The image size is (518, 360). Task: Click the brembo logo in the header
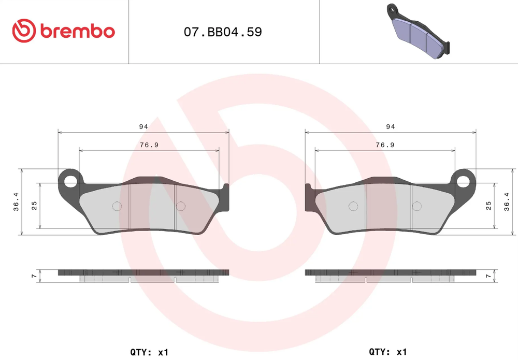(x=63, y=31)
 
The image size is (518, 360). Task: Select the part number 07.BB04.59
(x=223, y=32)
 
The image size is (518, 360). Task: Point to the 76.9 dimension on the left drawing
(x=149, y=145)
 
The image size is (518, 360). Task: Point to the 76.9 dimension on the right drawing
(x=385, y=145)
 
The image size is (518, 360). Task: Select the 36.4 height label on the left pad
(x=16, y=201)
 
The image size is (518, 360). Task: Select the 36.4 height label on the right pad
(x=507, y=201)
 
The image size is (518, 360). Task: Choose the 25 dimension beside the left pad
(x=34, y=206)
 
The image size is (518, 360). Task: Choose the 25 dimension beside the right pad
(x=488, y=206)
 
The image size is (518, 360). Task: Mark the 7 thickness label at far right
(x=488, y=277)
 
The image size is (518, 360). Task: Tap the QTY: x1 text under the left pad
(x=149, y=352)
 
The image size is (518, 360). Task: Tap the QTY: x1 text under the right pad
(x=387, y=352)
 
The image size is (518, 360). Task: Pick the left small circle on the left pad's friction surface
(x=117, y=206)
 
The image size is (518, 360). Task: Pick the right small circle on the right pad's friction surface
(x=416, y=206)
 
